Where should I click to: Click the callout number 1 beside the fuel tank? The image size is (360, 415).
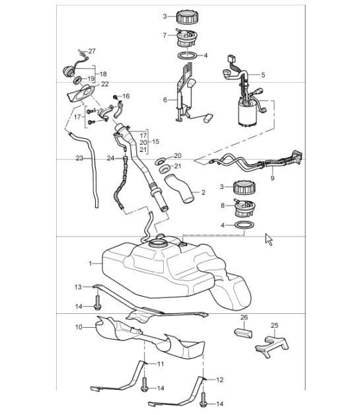pos(90,263)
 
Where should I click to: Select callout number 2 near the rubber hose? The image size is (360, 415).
pos(203,192)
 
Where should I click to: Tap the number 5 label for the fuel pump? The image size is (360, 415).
pos(262,75)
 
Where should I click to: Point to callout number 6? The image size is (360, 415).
pos(165,100)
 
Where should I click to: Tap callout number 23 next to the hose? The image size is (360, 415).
pos(79,159)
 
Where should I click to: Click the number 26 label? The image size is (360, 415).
pos(244,318)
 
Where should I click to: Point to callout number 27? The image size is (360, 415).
pos(92,51)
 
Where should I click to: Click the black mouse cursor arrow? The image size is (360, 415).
pos(269,239)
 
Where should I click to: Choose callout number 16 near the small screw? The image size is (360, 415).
pos(126,96)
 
